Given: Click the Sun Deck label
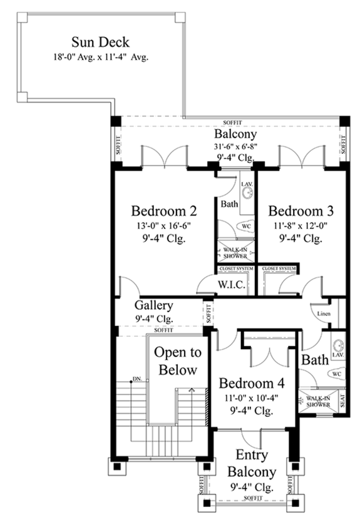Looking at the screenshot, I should click(x=100, y=43).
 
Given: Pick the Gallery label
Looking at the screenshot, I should click(x=153, y=305).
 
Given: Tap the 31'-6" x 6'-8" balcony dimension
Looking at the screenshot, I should click(x=234, y=147).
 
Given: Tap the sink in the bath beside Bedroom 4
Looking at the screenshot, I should click(x=339, y=345).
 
